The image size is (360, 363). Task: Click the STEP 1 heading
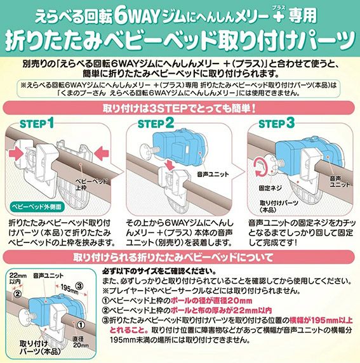click(x=37, y=123)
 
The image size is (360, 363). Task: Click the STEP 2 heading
click(x=156, y=123)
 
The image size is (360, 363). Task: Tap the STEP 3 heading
click(x=276, y=123)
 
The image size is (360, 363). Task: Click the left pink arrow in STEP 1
click(x=16, y=154)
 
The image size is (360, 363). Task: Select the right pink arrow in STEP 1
click(x=102, y=153)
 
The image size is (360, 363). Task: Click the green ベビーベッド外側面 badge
click(x=37, y=207)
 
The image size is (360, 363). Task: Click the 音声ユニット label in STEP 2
click(x=213, y=175)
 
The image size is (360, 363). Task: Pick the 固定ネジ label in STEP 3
click(x=270, y=188)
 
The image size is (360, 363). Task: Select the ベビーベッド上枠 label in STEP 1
click(x=91, y=184)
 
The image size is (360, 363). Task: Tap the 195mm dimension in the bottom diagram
click(x=69, y=289)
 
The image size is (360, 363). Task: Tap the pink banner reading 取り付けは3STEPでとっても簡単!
click(x=178, y=108)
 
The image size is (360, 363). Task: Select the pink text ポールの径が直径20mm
click(x=211, y=301)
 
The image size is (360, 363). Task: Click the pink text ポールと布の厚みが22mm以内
click(x=221, y=310)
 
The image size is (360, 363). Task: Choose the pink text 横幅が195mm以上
click(x=321, y=320)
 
